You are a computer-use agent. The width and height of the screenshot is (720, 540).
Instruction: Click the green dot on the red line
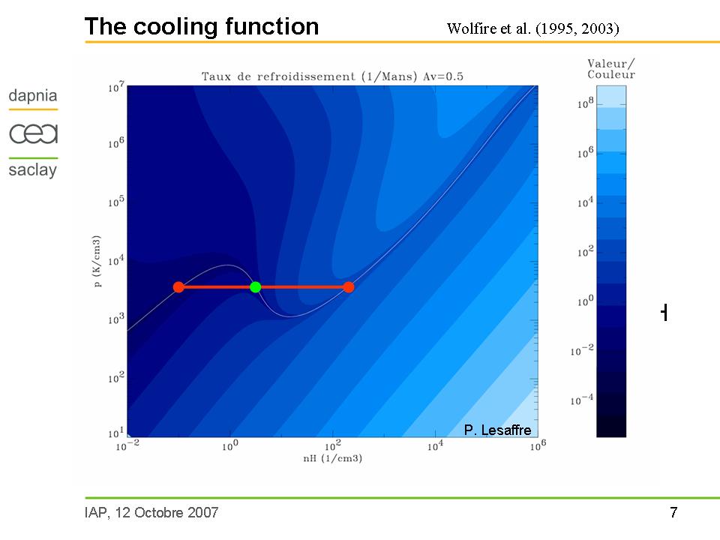click(255, 287)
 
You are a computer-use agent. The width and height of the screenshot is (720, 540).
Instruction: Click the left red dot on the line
click(178, 287)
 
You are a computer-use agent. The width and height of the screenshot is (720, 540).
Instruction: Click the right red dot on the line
click(349, 287)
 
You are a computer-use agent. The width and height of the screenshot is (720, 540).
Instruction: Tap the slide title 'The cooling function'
click(202, 27)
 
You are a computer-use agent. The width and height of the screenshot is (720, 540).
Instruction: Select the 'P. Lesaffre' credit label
click(497, 430)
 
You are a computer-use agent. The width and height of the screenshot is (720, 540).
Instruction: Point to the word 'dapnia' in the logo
click(32, 96)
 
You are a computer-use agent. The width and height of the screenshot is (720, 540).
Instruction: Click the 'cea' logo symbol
click(33, 133)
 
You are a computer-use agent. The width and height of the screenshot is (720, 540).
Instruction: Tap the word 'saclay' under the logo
click(32, 170)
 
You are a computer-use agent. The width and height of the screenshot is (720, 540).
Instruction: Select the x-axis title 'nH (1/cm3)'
click(332, 458)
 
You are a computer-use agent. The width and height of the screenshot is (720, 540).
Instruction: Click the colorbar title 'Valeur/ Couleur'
click(610, 70)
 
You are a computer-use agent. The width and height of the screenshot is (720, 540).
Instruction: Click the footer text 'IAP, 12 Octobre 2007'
click(151, 513)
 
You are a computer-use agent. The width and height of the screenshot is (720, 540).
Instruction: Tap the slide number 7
click(673, 513)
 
